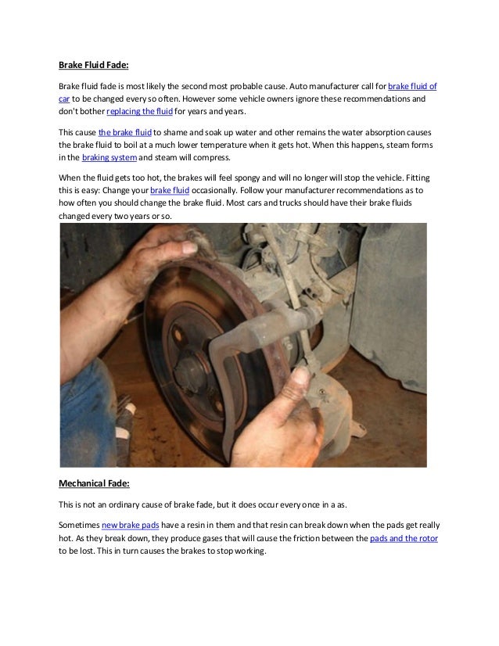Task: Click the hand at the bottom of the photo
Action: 301,407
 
